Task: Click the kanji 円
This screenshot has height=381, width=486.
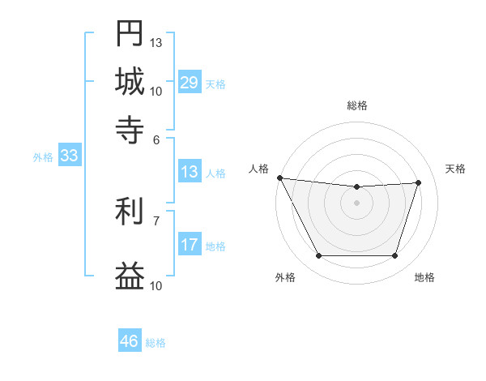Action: (x=130, y=34)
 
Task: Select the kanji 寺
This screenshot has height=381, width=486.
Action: (x=130, y=130)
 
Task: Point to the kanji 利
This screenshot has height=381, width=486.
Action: (x=130, y=213)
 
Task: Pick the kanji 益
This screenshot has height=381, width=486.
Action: (x=130, y=276)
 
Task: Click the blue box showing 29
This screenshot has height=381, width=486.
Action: (x=189, y=83)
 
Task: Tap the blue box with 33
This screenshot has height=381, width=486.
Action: (x=69, y=156)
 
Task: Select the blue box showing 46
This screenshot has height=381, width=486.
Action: (x=130, y=341)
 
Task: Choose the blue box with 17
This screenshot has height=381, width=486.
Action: (x=189, y=245)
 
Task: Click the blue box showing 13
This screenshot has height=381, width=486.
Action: (x=189, y=172)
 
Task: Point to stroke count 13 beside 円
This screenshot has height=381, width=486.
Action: (x=156, y=41)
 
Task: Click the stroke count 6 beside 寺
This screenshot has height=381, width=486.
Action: (x=156, y=139)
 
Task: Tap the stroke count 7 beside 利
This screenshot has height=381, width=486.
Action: (x=156, y=220)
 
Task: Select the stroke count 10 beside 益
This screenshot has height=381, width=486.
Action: (x=156, y=285)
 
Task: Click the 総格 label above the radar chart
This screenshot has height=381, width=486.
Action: (x=356, y=105)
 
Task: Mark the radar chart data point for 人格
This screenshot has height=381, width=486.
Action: (x=279, y=178)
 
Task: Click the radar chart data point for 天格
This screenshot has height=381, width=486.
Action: (x=418, y=182)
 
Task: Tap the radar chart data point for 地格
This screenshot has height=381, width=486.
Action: (x=394, y=256)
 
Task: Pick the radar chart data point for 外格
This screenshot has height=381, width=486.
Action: (x=318, y=256)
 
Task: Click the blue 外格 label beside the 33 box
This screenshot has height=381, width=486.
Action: (x=42, y=157)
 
